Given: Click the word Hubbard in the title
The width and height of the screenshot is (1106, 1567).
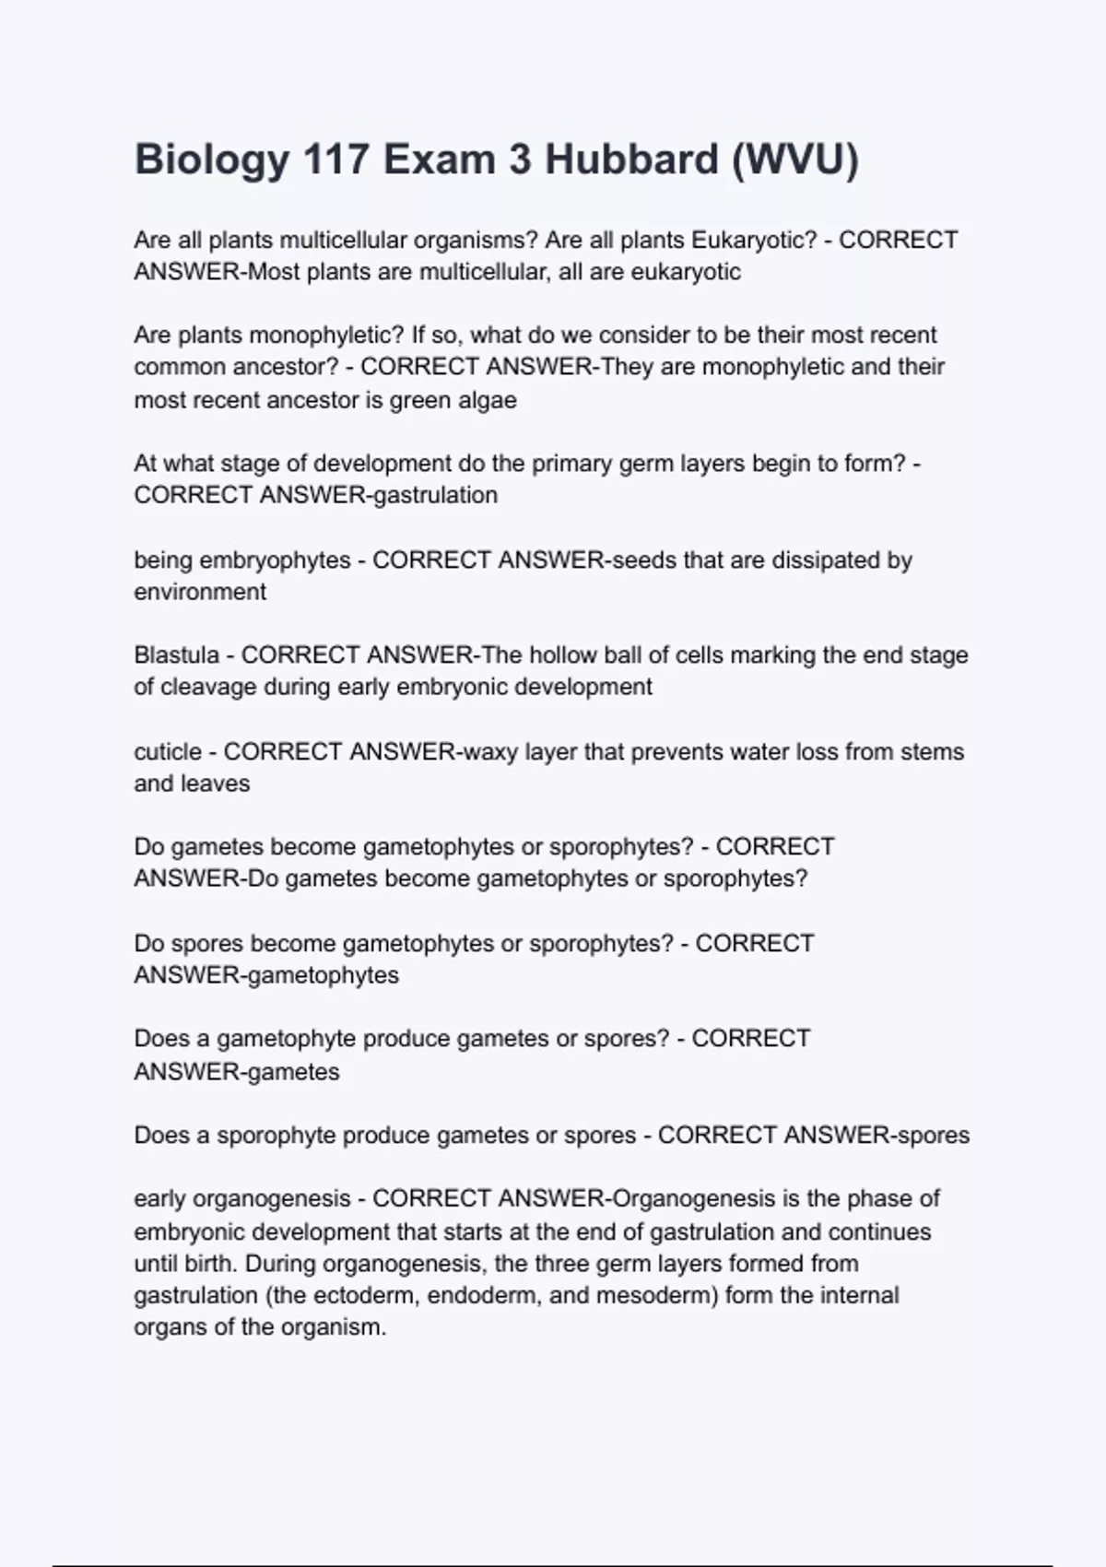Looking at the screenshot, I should click(x=631, y=159).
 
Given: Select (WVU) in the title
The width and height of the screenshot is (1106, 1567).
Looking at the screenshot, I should click(x=795, y=159).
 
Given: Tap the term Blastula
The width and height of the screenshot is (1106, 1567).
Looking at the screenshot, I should click(x=177, y=655).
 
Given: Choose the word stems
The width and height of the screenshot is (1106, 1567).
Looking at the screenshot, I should click(x=933, y=751).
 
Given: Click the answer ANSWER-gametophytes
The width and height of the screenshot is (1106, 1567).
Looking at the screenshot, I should click(x=266, y=975).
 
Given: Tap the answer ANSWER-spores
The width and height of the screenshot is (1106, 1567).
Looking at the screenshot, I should click(x=877, y=1135).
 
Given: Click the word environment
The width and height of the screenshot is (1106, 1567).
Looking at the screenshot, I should click(x=200, y=592).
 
